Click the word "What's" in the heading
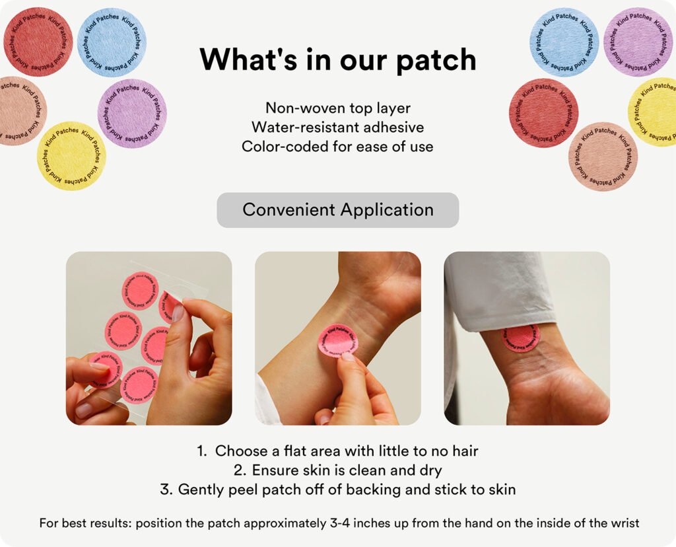(249, 59)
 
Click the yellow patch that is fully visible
(71, 156)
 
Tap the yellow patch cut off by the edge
(652, 112)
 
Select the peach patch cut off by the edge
(22, 111)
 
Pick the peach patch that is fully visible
(603, 157)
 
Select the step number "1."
(202, 451)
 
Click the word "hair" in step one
(465, 451)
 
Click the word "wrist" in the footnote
(625, 523)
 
